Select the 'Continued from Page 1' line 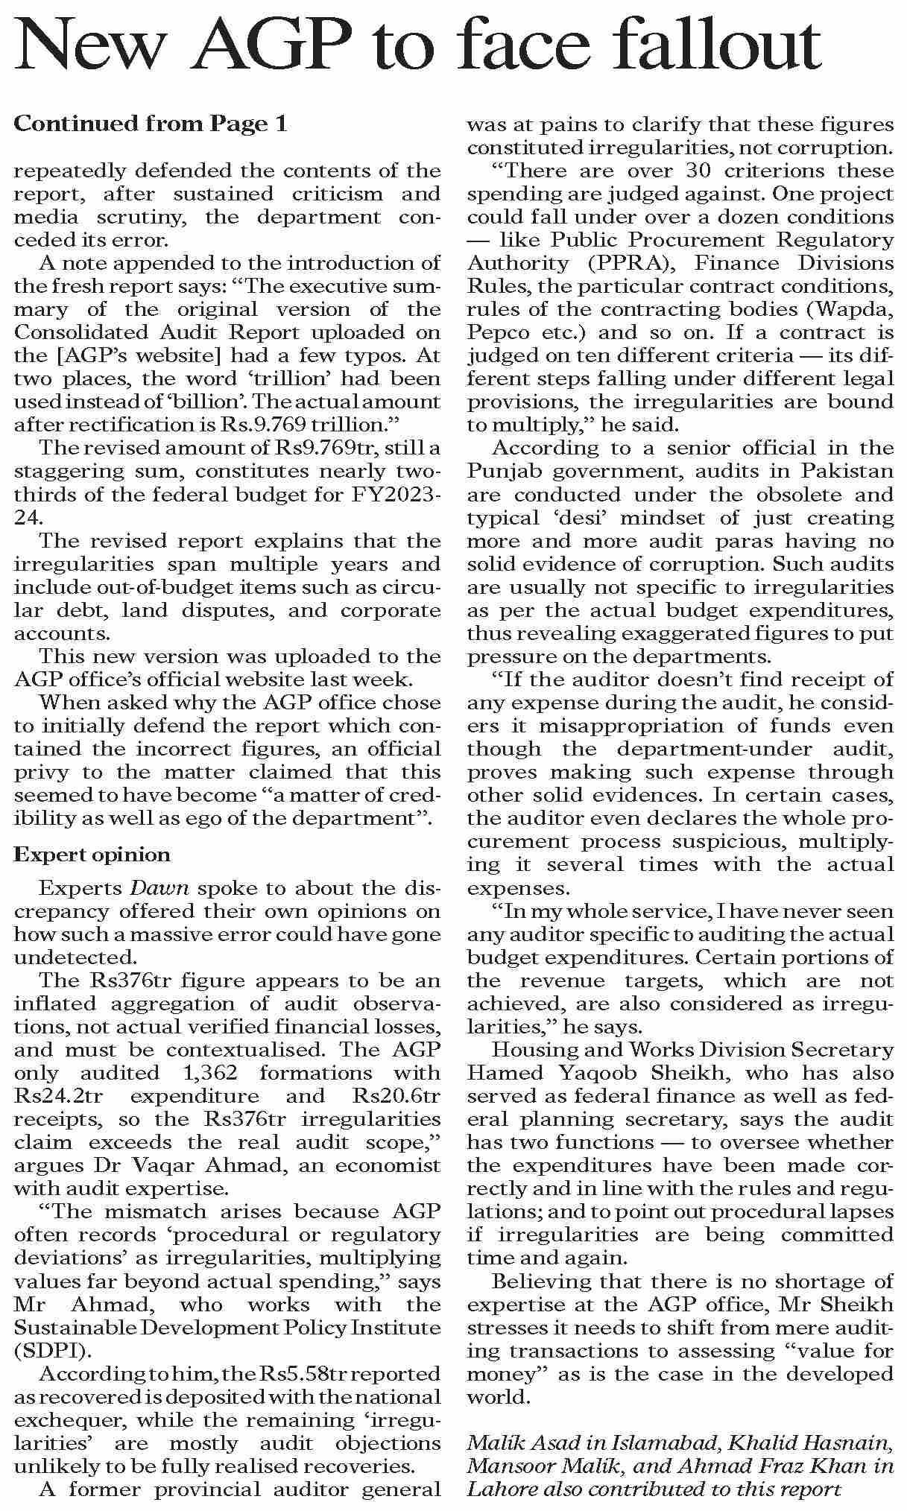pos(150,124)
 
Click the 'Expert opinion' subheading pos(92,855)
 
